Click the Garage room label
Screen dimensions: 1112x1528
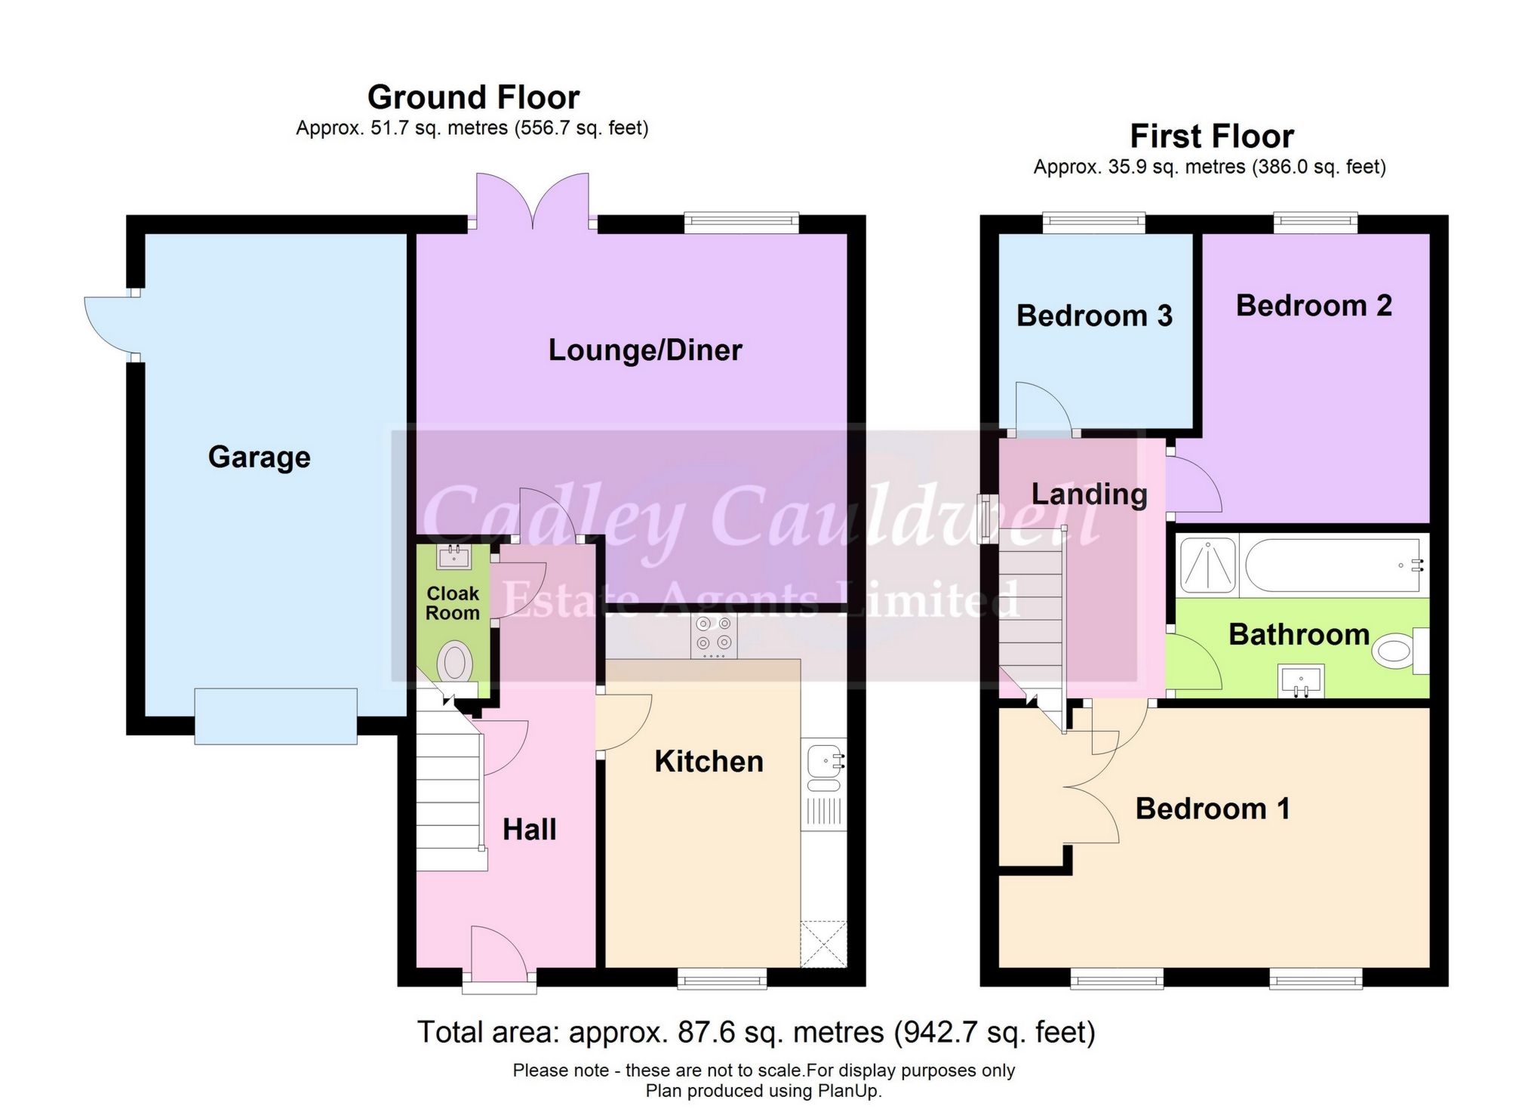point(259,457)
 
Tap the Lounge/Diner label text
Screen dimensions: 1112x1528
point(645,350)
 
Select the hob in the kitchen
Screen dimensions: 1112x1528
point(713,634)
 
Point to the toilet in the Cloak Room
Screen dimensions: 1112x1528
point(455,664)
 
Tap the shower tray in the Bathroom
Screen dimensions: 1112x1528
point(1207,564)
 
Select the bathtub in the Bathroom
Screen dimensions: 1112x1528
point(1332,564)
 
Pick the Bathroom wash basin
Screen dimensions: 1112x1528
point(1301,681)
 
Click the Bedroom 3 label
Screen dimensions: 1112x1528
point(1094,316)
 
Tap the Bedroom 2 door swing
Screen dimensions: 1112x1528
point(1192,483)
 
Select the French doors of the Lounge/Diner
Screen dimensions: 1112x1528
point(533,200)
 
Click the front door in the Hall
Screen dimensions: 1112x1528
point(498,955)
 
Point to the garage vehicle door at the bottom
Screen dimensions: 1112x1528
point(275,716)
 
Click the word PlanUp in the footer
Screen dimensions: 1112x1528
point(847,1091)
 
